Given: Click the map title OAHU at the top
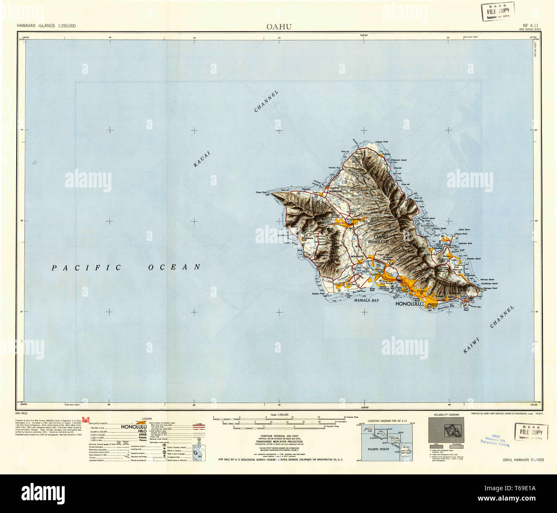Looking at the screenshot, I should pyautogui.click(x=279, y=27).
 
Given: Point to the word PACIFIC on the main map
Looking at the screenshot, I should pyautogui.click(x=87, y=268).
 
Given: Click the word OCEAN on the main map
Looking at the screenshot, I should pyautogui.click(x=174, y=267).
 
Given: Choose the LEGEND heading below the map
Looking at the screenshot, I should pyautogui.click(x=147, y=418).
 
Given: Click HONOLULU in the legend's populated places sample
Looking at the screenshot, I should pyautogui.click(x=134, y=427).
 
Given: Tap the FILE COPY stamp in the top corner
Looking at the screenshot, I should pyautogui.click(x=497, y=11).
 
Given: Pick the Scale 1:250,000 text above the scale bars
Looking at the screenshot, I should pyautogui.click(x=279, y=415).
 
